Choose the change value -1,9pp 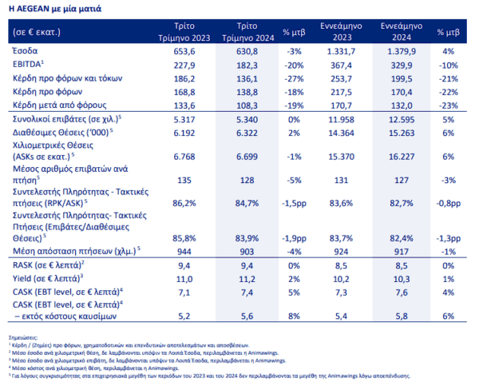pyautogui.click(x=296, y=238)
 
